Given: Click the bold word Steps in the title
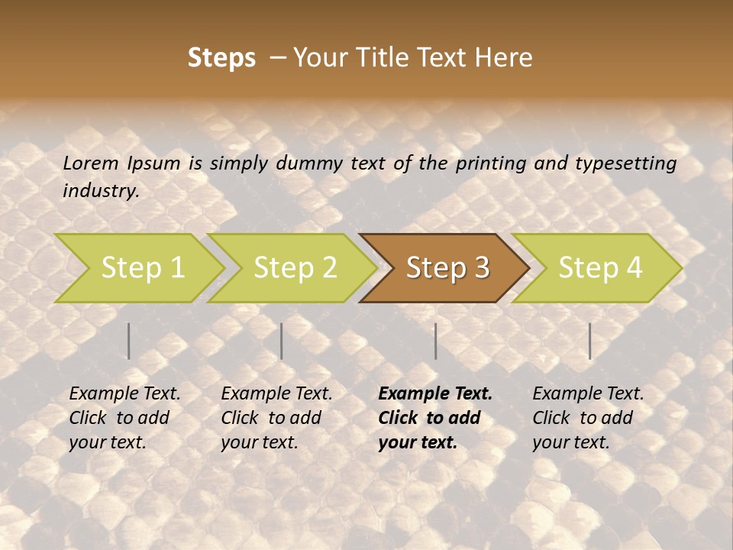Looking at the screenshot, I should [221, 58].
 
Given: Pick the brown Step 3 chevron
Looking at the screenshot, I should [447, 267].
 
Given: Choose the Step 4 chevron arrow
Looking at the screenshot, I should [600, 267].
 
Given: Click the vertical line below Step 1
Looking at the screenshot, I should [129, 341].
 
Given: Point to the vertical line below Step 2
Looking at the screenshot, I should [282, 341].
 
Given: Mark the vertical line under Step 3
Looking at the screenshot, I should [435, 341].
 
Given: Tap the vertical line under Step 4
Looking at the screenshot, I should [590, 341].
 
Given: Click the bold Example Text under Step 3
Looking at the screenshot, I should [435, 394].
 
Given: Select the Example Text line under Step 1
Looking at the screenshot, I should [124, 394].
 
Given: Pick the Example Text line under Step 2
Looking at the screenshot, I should [276, 394].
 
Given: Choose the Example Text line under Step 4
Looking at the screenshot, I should [588, 394].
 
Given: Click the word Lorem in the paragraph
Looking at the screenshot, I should [91, 163].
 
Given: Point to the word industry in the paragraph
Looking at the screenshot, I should [101, 191].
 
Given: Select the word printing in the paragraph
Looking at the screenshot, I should [491, 163].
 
